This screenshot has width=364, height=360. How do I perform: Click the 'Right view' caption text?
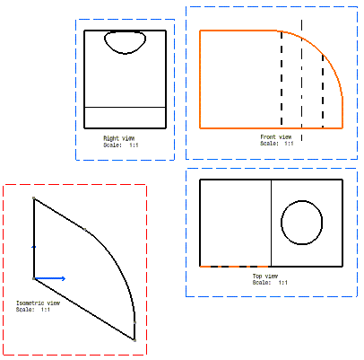119,138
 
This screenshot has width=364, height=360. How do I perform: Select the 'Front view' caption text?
276,136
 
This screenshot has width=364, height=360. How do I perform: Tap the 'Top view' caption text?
265,276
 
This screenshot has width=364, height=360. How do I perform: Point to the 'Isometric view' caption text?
38,303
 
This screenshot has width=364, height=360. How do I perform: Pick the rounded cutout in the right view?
125,54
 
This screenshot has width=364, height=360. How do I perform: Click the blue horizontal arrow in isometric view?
50,278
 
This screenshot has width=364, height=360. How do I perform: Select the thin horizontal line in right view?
125,107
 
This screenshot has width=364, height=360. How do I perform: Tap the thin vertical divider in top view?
271,223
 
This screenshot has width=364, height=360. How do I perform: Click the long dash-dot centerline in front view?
301,80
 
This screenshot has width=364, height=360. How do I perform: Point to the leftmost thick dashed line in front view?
282,78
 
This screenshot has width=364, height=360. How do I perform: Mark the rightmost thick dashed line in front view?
323,91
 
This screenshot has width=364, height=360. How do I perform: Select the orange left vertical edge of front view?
200,79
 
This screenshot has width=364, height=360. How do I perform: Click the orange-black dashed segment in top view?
236,266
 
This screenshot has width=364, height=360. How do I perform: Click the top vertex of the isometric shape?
34,198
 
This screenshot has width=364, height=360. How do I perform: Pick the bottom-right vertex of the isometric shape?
134,340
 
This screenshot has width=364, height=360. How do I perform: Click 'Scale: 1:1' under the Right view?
121,145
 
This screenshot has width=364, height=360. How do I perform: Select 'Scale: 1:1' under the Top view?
270,283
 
